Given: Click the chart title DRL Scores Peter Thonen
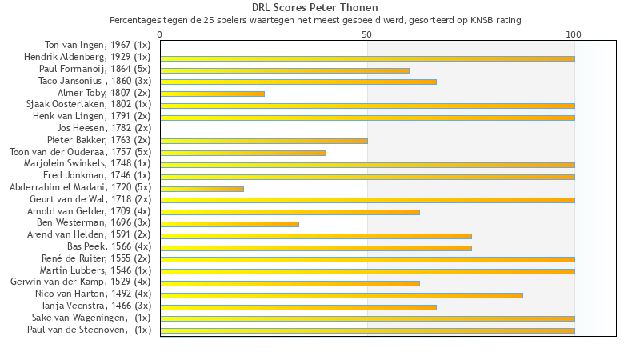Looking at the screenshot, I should click(x=315, y=8).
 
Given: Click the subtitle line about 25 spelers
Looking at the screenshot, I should click(x=315, y=20).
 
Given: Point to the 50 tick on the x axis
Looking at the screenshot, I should click(x=367, y=34).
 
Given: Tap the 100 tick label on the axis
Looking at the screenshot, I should click(x=574, y=34).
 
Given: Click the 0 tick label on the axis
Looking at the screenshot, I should click(x=160, y=34).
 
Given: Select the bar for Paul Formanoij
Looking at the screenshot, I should click(x=285, y=70).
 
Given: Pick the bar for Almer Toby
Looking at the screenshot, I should click(x=213, y=94).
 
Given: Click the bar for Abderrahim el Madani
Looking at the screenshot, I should click(x=202, y=189).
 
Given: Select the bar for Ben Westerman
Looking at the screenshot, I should click(x=230, y=224).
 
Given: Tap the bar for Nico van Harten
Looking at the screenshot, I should click(x=342, y=295).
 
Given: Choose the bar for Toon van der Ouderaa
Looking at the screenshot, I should click(x=243, y=153).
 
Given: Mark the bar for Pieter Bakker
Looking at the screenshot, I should click(x=264, y=141).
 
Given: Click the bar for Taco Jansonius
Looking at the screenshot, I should click(x=298, y=82).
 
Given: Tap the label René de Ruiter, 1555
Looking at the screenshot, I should click(x=96, y=258).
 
